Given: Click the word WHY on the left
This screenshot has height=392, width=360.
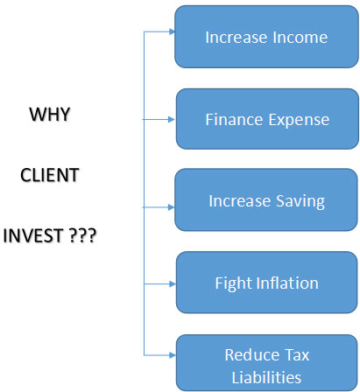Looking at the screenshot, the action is pos(50,114).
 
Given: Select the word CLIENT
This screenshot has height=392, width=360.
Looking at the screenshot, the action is pos(50,175).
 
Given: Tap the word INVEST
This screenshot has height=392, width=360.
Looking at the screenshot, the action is pos(33,235).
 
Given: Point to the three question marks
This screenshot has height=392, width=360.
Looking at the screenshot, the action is pos(83,235).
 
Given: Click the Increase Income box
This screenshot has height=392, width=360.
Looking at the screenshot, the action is pos(266,37).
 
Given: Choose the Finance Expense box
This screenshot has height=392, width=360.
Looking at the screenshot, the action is pos(267,119).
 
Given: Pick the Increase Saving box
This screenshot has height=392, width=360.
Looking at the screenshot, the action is pos(266,199).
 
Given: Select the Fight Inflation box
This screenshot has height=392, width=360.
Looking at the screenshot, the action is pos(266,283).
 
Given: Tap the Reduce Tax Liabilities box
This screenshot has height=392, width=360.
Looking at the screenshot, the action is pos(266,363).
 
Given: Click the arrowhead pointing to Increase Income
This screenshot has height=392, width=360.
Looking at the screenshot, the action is pos(172,31).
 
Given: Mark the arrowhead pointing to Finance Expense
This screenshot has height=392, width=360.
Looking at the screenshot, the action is pos(172,119).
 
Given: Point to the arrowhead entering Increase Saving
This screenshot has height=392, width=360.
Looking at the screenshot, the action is pos(172,207).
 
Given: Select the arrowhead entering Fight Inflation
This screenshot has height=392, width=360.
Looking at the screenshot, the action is pos(173,283).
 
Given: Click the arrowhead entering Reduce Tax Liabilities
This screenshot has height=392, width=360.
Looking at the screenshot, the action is pos(173,355).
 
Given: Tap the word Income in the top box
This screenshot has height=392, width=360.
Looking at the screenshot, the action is pos(300,38).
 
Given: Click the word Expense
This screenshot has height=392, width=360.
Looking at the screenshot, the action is pos(299,120).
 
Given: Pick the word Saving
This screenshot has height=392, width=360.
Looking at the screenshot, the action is pos(300,201).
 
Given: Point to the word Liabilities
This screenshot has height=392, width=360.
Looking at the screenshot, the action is pos(266,377).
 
